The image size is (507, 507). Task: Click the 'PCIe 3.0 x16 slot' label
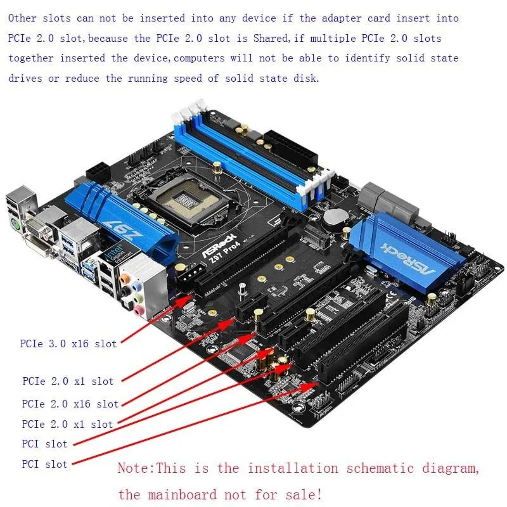pos(68,344)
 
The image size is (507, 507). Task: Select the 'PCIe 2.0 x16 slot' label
pos(70,404)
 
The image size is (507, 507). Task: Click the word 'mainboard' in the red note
pos(181,494)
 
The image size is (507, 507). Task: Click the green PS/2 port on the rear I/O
pos(20,224)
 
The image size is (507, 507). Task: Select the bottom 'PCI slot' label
pos(44,464)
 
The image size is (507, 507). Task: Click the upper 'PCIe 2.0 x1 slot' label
pos(68,382)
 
